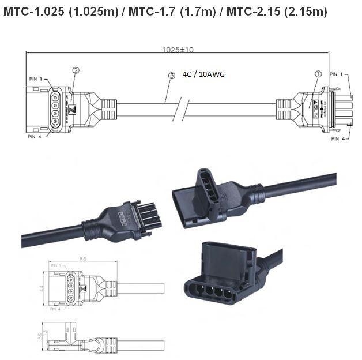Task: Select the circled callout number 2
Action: coord(76,70)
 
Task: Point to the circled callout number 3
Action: coord(171,76)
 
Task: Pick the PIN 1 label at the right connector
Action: coord(337,74)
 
